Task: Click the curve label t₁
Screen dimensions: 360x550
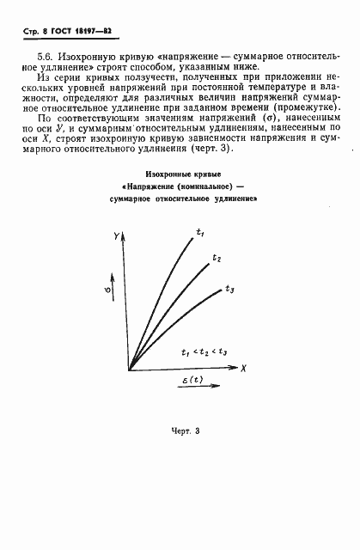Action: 200,233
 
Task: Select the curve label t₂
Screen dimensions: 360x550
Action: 217,259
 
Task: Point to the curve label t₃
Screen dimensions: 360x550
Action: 229,290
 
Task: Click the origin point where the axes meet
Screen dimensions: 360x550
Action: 129,370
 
